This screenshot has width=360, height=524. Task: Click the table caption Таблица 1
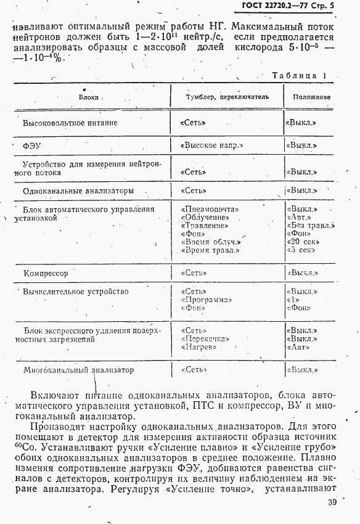pos(298,76)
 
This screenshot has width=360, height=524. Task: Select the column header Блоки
pos(89,97)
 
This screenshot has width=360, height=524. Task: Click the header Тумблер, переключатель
pos(227,97)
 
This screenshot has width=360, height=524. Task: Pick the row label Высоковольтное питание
pos(70,123)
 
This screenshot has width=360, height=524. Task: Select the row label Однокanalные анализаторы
pos(78,191)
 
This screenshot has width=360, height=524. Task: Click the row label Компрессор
pos(46,273)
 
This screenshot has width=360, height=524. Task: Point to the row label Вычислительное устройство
pos(76,291)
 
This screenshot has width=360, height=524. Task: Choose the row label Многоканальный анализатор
pos(78,370)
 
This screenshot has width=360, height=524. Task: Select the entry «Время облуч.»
pos(211,242)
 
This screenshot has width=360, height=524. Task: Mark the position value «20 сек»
pos(301,242)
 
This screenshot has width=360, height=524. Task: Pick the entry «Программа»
pos(207,300)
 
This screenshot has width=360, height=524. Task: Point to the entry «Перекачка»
pos(205,338)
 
